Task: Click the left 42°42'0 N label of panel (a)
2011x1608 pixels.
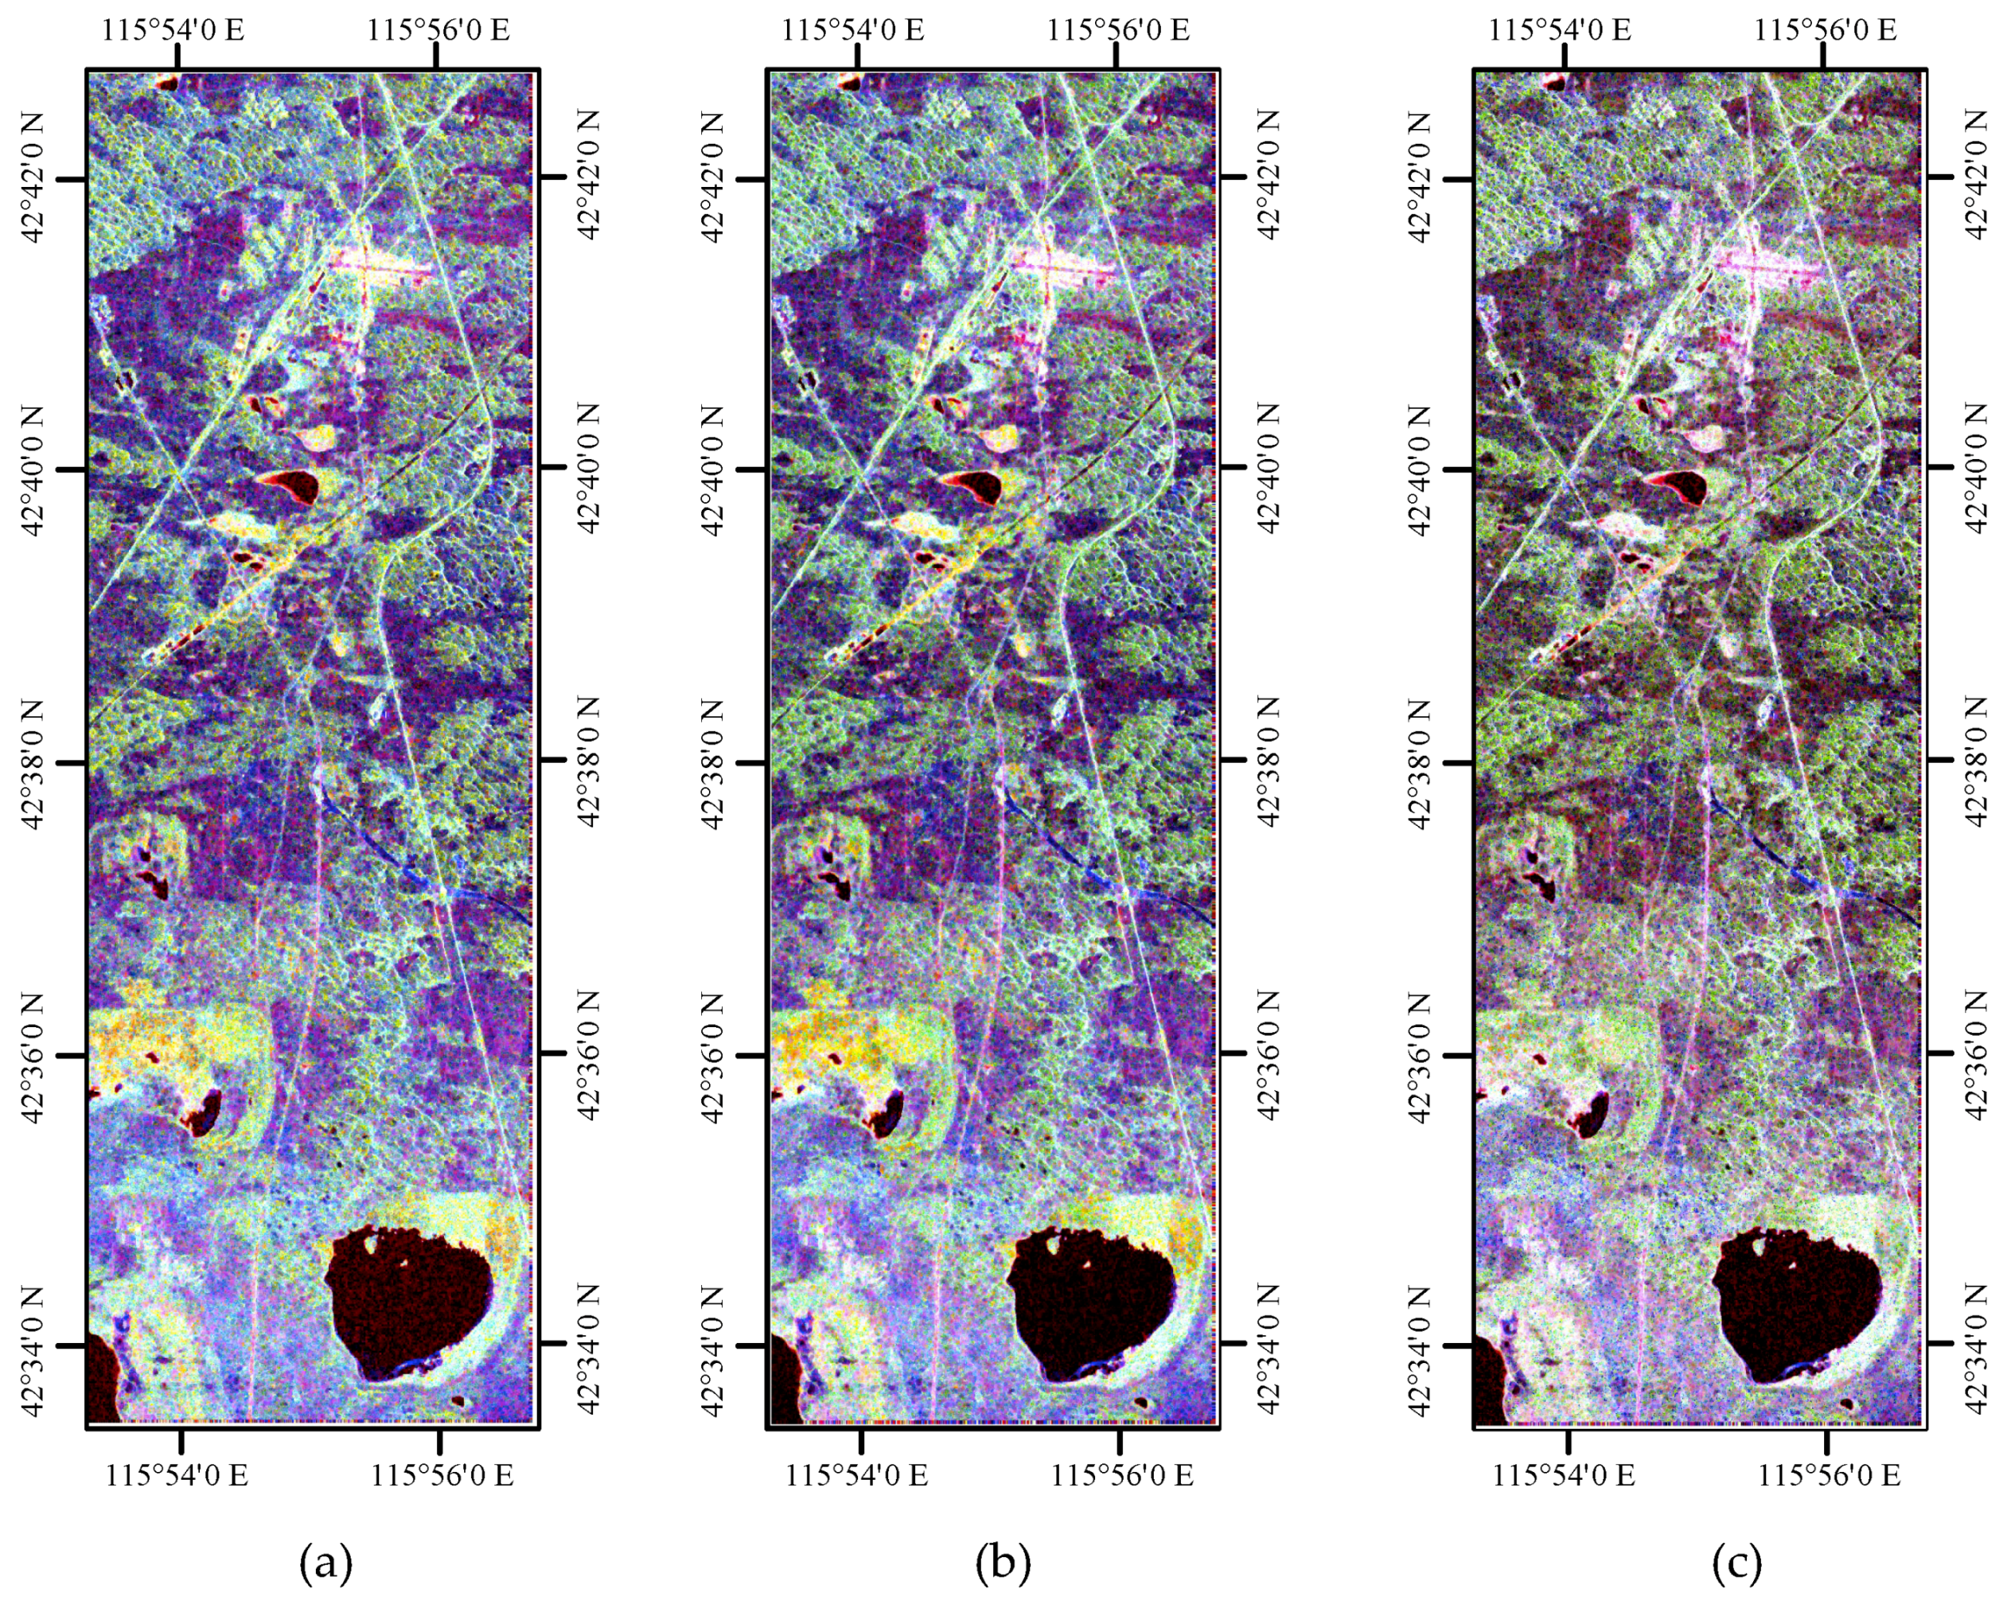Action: pyautogui.click(x=33, y=177)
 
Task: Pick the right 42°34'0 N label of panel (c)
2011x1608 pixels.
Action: pyautogui.click(x=1979, y=1343)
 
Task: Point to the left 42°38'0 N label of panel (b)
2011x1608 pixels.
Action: pyautogui.click(x=712, y=763)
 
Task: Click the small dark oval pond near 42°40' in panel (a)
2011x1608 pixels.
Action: pyautogui.click(x=290, y=484)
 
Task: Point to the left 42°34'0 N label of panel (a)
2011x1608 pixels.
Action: pyautogui.click(x=33, y=1345)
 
